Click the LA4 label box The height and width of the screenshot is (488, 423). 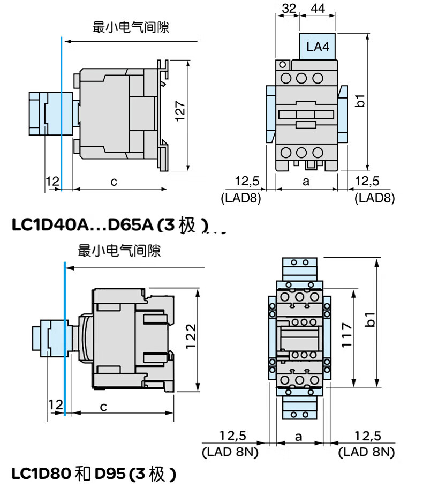[318, 47]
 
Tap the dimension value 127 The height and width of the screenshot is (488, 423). [180, 113]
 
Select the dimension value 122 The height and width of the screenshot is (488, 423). [191, 336]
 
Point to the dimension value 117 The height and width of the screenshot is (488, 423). [346, 335]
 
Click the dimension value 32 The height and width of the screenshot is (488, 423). [289, 8]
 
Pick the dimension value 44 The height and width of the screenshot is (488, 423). [318, 8]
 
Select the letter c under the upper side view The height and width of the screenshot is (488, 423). [114, 182]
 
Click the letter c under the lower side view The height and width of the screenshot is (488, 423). [103, 407]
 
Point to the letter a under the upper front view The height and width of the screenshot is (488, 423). [306, 182]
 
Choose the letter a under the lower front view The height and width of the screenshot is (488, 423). [299, 436]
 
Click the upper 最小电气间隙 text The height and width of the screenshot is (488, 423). [131, 27]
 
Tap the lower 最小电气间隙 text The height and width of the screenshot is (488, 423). [119, 250]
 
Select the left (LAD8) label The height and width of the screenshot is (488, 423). [240, 198]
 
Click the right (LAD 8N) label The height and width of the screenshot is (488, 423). [367, 452]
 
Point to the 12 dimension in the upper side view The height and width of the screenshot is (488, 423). [52, 182]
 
